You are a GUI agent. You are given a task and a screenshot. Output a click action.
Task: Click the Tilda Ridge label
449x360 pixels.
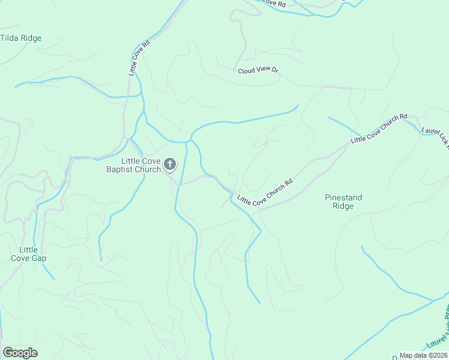[x=21, y=38]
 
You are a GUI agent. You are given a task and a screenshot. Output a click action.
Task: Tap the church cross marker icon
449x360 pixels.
[x=170, y=164]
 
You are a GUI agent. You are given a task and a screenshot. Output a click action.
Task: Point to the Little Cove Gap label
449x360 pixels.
[x=28, y=254]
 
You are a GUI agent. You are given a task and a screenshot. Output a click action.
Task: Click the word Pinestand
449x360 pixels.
[x=343, y=197]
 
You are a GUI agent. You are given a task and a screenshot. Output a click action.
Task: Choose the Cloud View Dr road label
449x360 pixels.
[x=258, y=71]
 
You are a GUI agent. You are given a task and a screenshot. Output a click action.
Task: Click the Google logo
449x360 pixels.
[x=20, y=353]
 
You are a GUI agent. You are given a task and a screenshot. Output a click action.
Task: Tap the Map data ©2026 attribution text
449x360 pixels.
[x=423, y=355]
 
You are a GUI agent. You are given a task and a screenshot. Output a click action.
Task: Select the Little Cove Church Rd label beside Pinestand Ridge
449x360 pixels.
[x=265, y=192]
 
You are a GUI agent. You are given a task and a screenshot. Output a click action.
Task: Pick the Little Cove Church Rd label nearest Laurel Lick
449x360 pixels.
[x=379, y=128]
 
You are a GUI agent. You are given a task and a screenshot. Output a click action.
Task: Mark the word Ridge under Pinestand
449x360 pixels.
[x=343, y=206]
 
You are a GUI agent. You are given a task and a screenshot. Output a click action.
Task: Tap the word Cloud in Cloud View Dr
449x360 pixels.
[x=246, y=71]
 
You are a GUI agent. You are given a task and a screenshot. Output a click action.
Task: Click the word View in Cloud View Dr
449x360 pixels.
[x=262, y=70]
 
